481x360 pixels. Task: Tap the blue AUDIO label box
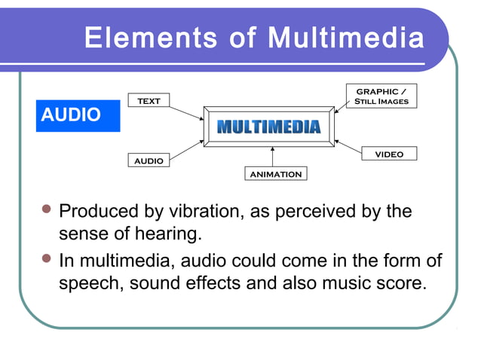point(78,115)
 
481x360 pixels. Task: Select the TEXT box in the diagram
point(149,101)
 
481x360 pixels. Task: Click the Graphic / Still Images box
point(381,96)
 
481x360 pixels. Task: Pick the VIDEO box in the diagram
point(389,154)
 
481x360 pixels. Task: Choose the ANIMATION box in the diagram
point(274,174)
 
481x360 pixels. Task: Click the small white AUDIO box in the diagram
point(149,161)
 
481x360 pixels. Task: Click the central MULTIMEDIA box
point(268,127)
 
